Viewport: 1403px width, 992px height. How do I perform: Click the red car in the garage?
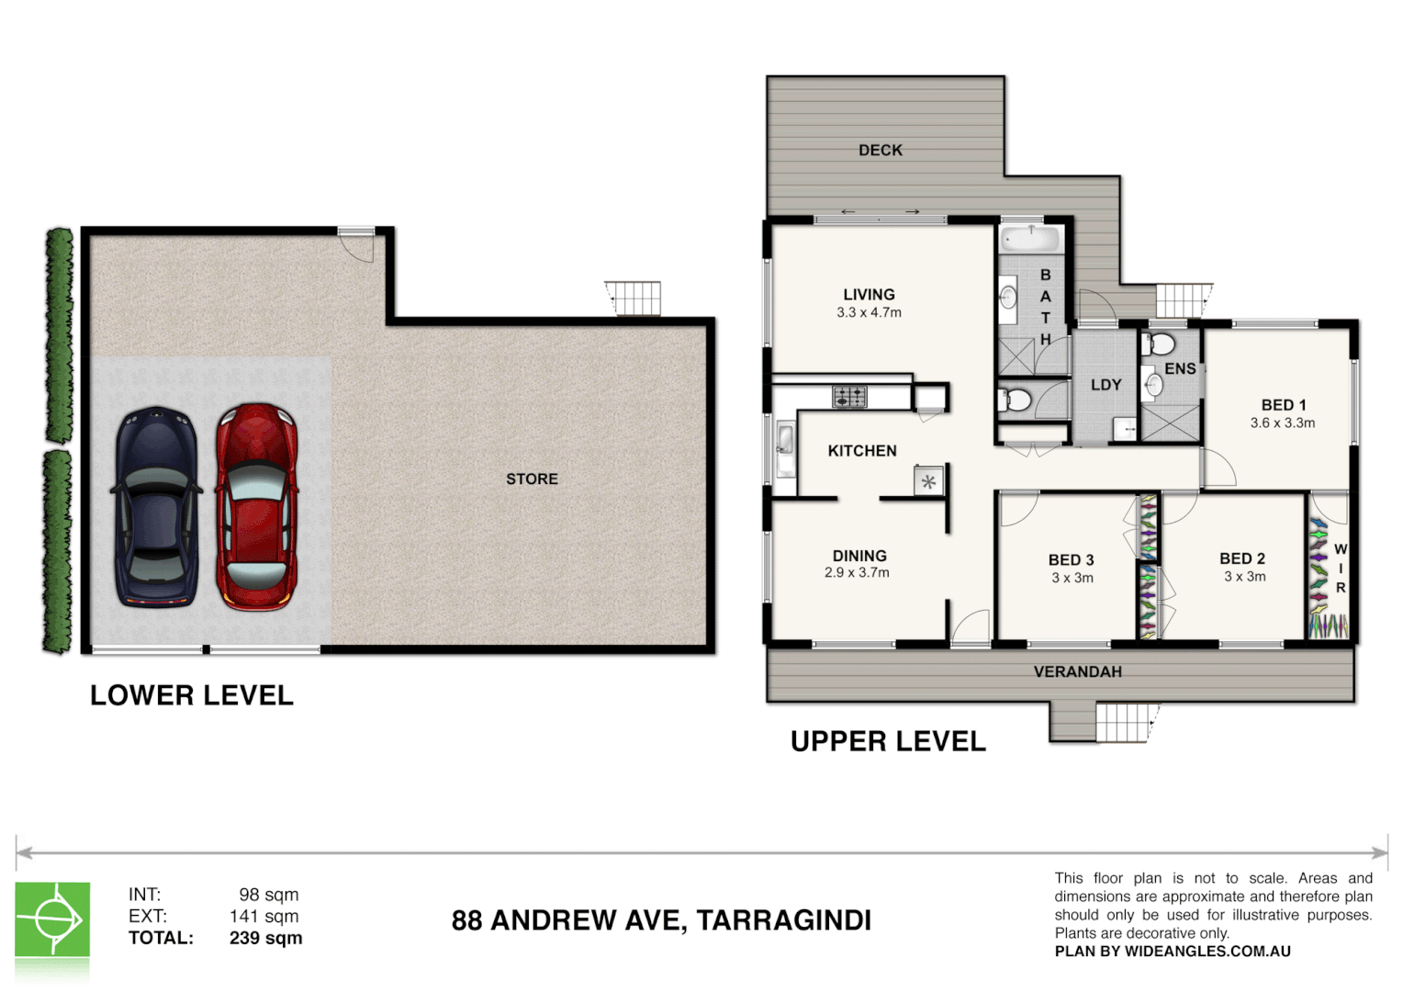coord(257,507)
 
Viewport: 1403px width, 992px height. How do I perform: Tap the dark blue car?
coord(156,507)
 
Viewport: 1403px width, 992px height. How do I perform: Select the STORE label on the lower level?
coord(532,479)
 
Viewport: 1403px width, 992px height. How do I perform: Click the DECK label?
coord(880,150)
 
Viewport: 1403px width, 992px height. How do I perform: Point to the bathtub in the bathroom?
coord(1031,240)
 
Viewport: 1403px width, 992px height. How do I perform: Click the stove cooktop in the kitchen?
coord(849,397)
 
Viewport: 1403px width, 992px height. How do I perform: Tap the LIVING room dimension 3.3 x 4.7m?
coord(869,312)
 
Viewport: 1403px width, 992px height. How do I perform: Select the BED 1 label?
coord(1283,405)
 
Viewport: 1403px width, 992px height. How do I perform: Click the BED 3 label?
coord(1071,559)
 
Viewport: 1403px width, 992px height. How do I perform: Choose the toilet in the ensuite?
coord(1162,345)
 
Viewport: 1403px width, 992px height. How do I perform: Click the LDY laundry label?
coord(1106,385)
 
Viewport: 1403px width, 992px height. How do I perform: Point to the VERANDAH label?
coord(1077,671)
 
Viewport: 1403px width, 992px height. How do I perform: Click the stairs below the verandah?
coord(1122,722)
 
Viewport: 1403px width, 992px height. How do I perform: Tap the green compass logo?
coord(52,919)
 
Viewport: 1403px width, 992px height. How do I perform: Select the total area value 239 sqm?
coord(265,938)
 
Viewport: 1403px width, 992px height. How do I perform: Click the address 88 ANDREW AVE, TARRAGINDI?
coord(661,920)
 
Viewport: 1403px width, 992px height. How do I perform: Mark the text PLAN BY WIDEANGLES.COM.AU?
coord(1173,952)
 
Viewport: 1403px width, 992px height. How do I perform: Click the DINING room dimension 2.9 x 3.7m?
coord(857,572)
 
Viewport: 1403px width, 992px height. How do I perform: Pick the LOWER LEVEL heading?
coord(192,695)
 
